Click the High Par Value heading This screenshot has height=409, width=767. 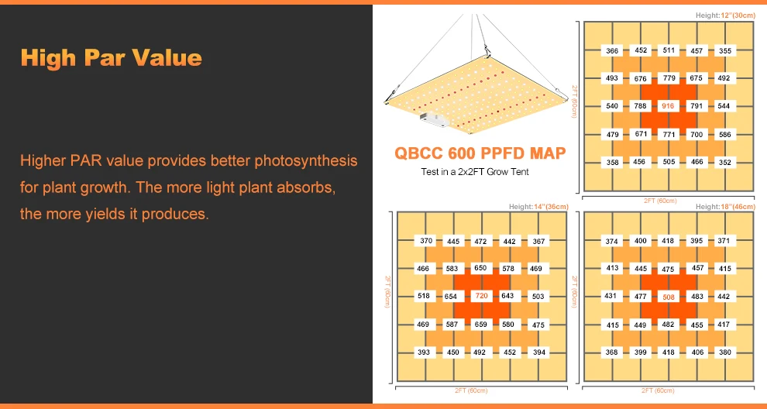pos(111,58)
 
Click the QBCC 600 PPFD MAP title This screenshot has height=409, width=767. pos(480,153)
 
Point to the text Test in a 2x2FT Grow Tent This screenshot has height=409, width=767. pos(475,172)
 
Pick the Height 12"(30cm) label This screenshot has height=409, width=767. pos(725,15)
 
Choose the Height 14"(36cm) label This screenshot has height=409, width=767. pos(538,207)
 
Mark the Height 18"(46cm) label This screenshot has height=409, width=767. pos(725,207)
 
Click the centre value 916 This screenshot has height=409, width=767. pos(668,105)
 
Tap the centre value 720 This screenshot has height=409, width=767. pos(481,296)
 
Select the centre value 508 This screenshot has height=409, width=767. pos(668,297)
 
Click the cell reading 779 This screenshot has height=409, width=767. pos(669,77)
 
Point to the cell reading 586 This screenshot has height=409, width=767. pos(725,134)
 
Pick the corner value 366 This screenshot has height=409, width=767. pos(612,50)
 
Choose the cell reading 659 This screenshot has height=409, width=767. pos(481,324)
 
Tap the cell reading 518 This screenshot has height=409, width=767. pos(424,295)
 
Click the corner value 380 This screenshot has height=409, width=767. pos(725,352)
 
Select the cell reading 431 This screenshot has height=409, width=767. pos(611,295)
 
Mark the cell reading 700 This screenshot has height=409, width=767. pos(696,134)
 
